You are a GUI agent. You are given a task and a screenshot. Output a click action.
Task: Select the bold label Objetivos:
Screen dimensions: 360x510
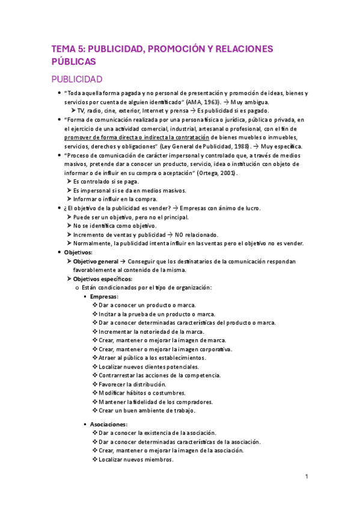(78, 252)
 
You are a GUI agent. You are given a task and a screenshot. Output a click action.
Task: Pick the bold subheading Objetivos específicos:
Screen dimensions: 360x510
(102, 279)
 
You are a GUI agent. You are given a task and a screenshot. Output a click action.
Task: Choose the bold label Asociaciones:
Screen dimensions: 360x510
(109, 424)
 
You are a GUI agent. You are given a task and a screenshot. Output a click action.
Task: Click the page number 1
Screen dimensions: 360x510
(307, 477)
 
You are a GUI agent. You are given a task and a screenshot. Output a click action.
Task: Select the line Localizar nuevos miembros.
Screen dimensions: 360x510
(136, 459)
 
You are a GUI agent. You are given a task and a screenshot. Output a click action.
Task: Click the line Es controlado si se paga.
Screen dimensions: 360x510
(108, 181)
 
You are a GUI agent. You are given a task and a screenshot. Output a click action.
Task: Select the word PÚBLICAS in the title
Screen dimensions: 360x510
(73, 61)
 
